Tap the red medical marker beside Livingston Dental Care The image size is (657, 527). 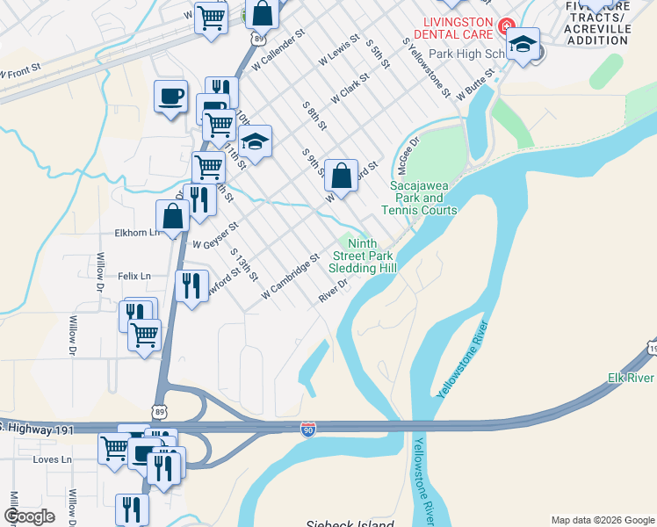click(x=507, y=26)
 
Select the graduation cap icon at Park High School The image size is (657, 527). click(x=523, y=46)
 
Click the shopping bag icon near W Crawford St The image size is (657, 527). click(x=340, y=175)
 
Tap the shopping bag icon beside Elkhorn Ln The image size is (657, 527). click(x=172, y=216)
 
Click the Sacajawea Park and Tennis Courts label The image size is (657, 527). click(x=419, y=198)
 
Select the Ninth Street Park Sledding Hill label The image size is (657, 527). click(x=363, y=256)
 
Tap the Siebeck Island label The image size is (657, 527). click(x=350, y=523)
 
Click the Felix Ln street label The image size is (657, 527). click(x=134, y=276)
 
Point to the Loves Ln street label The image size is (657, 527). click(x=52, y=459)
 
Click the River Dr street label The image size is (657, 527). click(x=334, y=292)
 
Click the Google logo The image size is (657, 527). click(x=28, y=516)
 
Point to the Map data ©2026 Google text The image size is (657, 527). click(x=603, y=520)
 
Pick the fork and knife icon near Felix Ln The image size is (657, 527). click(x=189, y=285)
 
